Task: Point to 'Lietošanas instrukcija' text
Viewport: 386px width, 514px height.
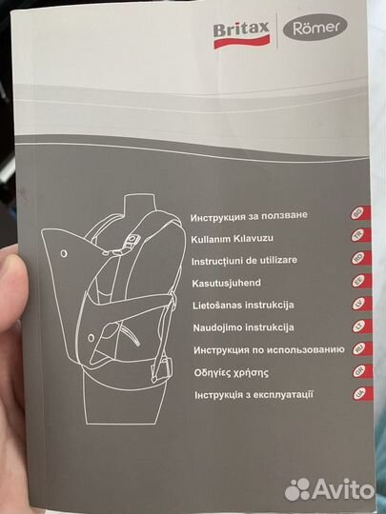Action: click(x=242, y=305)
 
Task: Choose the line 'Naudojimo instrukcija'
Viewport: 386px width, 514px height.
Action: click(x=242, y=327)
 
